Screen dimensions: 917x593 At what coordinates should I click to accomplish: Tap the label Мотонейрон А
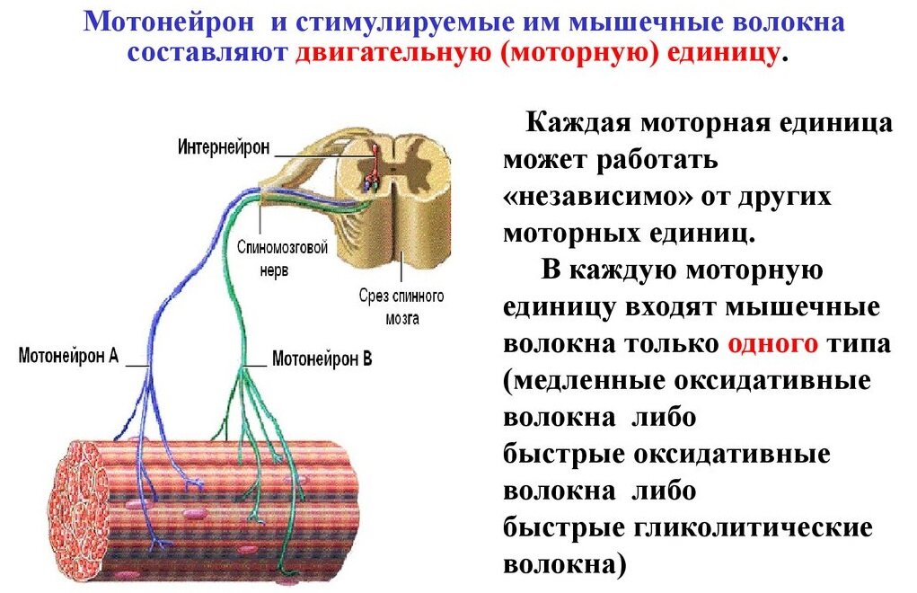click(x=68, y=355)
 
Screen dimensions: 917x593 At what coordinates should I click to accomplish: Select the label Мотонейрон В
click(x=322, y=358)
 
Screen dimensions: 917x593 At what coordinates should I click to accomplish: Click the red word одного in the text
click(x=772, y=344)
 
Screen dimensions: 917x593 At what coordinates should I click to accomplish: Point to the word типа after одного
click(x=859, y=344)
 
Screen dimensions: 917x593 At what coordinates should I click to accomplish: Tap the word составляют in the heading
click(x=207, y=51)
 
